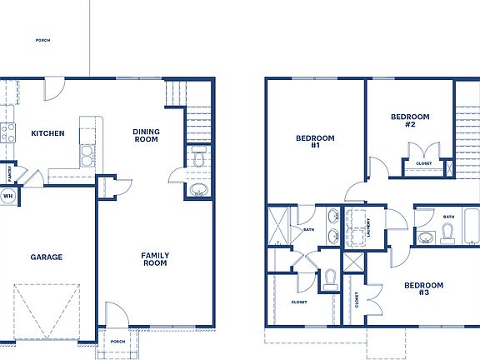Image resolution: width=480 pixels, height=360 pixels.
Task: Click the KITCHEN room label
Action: [47, 133]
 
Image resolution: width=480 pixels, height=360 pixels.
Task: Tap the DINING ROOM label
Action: [146, 136]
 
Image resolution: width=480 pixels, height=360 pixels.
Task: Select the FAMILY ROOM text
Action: [154, 259]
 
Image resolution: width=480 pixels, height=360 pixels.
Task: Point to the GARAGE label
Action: [47, 257]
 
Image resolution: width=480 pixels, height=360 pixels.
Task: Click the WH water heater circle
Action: [7, 197]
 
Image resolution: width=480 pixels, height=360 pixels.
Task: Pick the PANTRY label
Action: [9, 174]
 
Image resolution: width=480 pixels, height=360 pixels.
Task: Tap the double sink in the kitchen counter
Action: [86, 153]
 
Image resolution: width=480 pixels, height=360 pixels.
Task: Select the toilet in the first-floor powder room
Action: [198, 156]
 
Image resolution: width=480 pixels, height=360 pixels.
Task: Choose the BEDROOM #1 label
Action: [315, 142]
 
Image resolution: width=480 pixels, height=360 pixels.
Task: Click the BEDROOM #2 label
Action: [410, 121]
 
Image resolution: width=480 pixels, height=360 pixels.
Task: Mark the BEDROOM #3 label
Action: [423, 289]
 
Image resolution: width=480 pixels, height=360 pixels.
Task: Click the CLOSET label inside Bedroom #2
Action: [423, 164]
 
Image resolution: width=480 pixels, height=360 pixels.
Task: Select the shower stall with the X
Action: [277, 227]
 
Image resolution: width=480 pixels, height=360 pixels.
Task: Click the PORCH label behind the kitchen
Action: [43, 39]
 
